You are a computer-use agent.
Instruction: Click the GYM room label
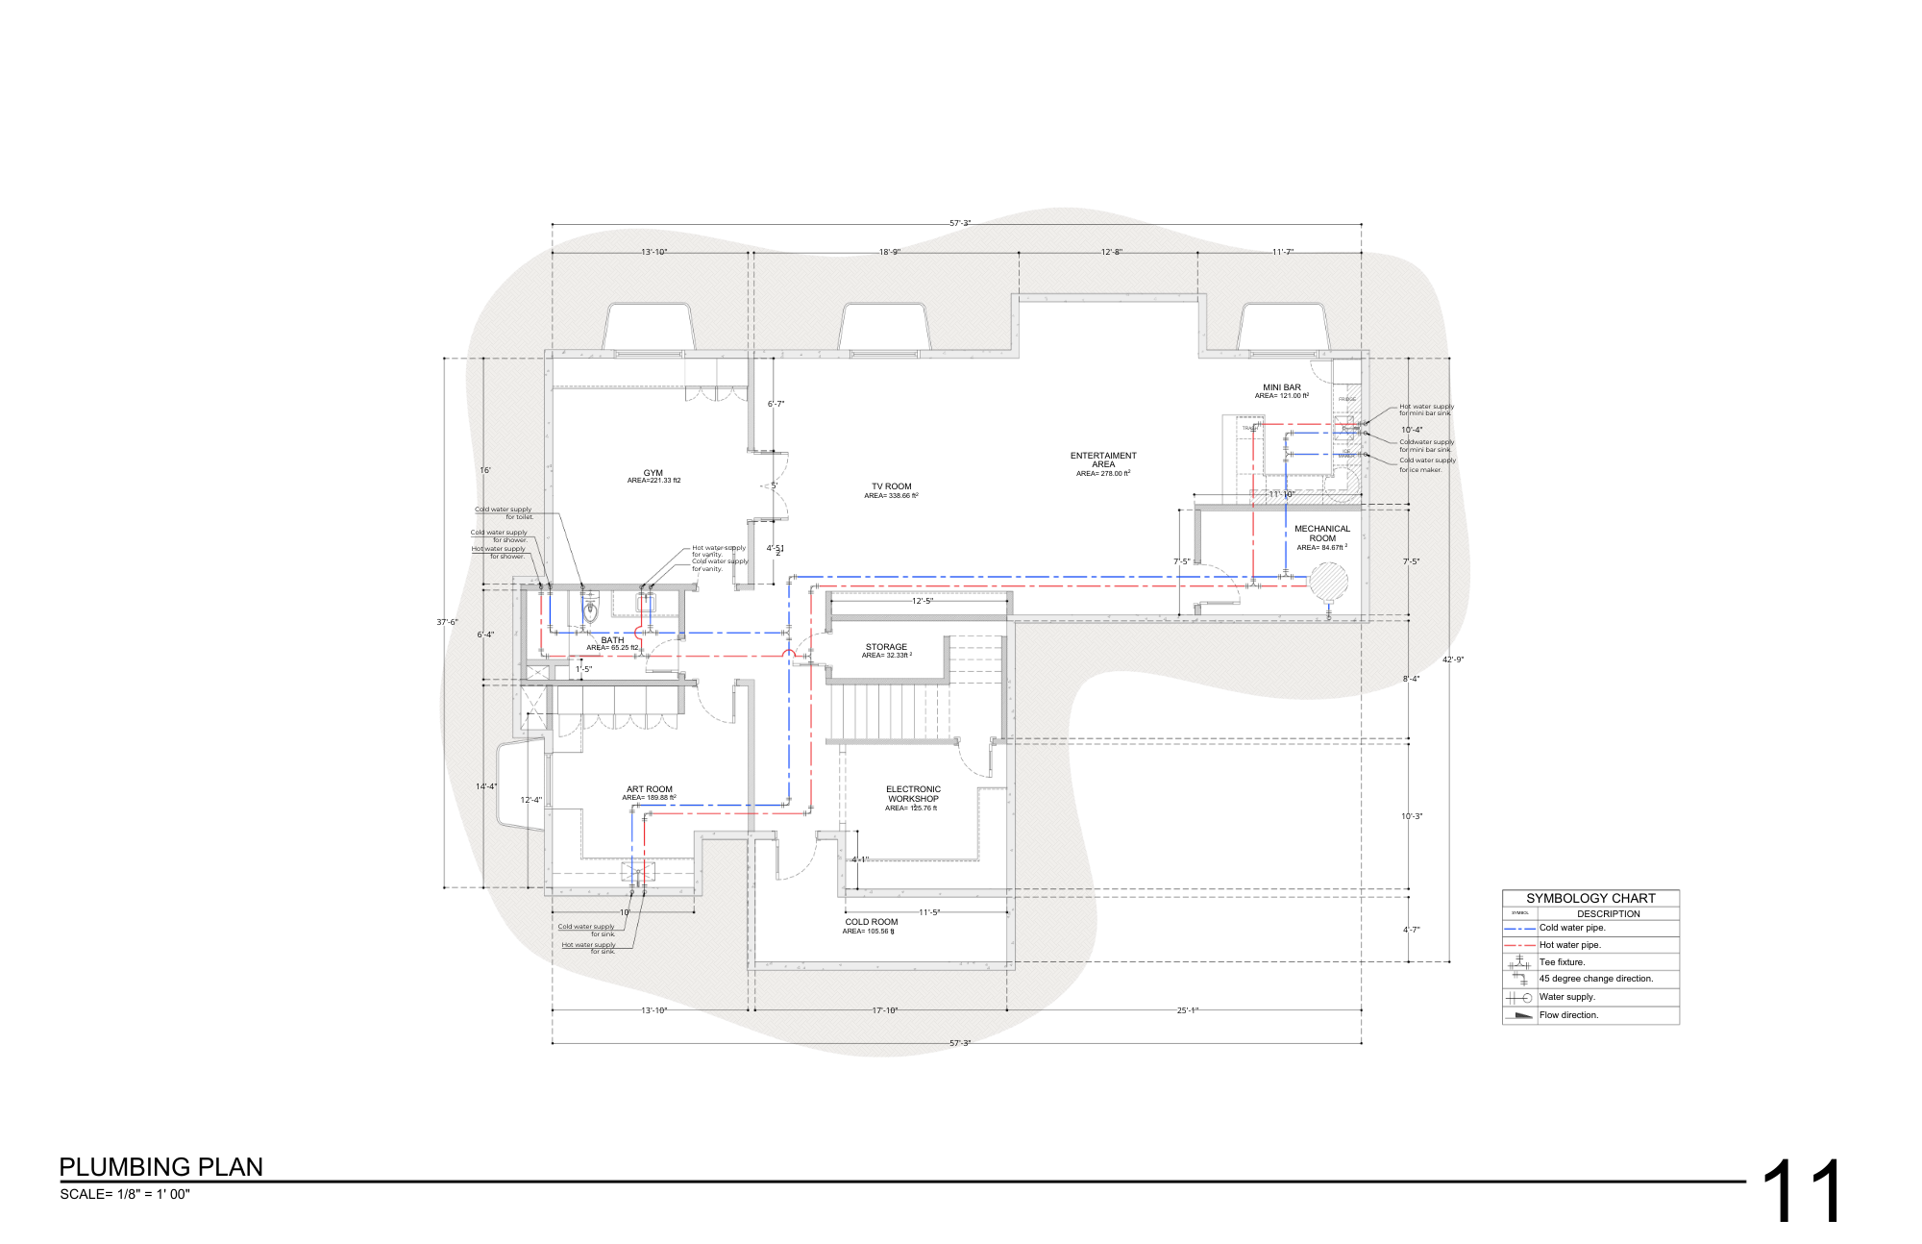pyautogui.click(x=653, y=473)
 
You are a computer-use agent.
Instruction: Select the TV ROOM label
pyautogui.click(x=891, y=486)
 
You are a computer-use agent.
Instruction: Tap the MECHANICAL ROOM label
pyautogui.click(x=1322, y=534)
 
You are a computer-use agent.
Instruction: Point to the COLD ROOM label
pyautogui.click(x=872, y=922)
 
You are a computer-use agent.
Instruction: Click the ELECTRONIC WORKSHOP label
pyautogui.click(x=913, y=794)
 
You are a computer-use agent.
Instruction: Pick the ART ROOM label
pyautogui.click(x=650, y=789)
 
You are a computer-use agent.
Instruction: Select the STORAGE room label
pyautogui.click(x=886, y=647)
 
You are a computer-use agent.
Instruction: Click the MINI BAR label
pyautogui.click(x=1282, y=387)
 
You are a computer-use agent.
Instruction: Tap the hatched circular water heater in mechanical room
pyautogui.click(x=1328, y=582)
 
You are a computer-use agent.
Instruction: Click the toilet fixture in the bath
pyautogui.click(x=591, y=610)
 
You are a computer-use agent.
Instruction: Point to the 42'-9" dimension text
pyautogui.click(x=1453, y=659)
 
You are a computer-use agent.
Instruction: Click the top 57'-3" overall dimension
pyautogui.click(x=960, y=223)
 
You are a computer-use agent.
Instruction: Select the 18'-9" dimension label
pyautogui.click(x=890, y=252)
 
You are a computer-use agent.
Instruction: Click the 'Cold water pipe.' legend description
pyautogui.click(x=1572, y=928)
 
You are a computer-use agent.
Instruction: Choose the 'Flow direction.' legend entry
pyautogui.click(x=1569, y=1015)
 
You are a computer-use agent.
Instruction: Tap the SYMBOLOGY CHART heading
pyautogui.click(x=1590, y=898)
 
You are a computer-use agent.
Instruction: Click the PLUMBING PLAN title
pyautogui.click(x=161, y=1167)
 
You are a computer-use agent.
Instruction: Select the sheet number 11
pyautogui.click(x=1803, y=1192)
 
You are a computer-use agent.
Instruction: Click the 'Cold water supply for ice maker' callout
pyautogui.click(x=1427, y=465)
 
